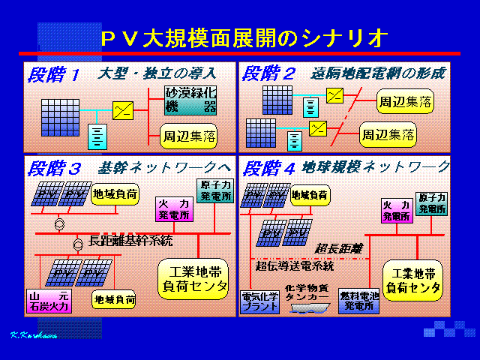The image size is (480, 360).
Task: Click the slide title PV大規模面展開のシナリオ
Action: click(244, 37)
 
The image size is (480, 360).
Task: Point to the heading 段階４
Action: click(268, 168)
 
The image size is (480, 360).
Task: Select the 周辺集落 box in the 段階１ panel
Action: click(190, 136)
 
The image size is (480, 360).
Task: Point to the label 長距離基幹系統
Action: click(130, 241)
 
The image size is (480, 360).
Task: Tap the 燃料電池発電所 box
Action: click(359, 301)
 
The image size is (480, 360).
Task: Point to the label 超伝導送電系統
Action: click(295, 265)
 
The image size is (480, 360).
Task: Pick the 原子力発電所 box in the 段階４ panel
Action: click(433, 201)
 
